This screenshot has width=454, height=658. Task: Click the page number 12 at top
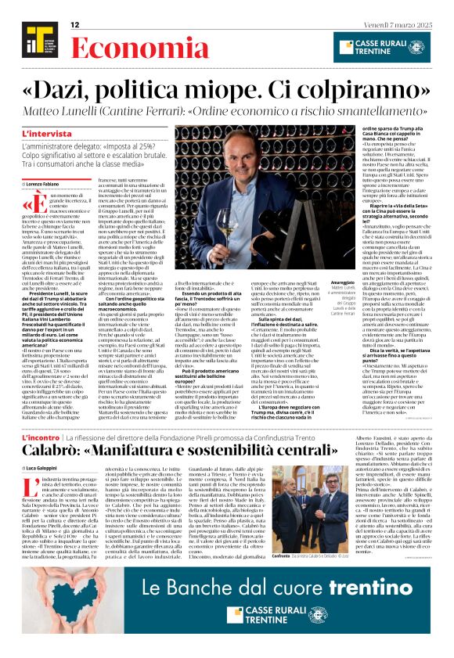[x=76, y=25]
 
